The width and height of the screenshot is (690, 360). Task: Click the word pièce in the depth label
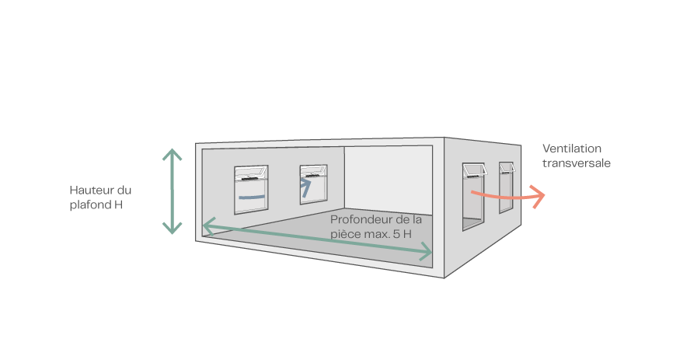point(347,233)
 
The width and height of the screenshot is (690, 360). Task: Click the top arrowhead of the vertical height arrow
point(172,153)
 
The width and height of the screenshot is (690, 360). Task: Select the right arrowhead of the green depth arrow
point(427,253)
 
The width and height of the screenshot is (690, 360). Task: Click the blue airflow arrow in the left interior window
point(251,198)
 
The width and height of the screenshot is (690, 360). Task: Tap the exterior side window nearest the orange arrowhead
point(506,190)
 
